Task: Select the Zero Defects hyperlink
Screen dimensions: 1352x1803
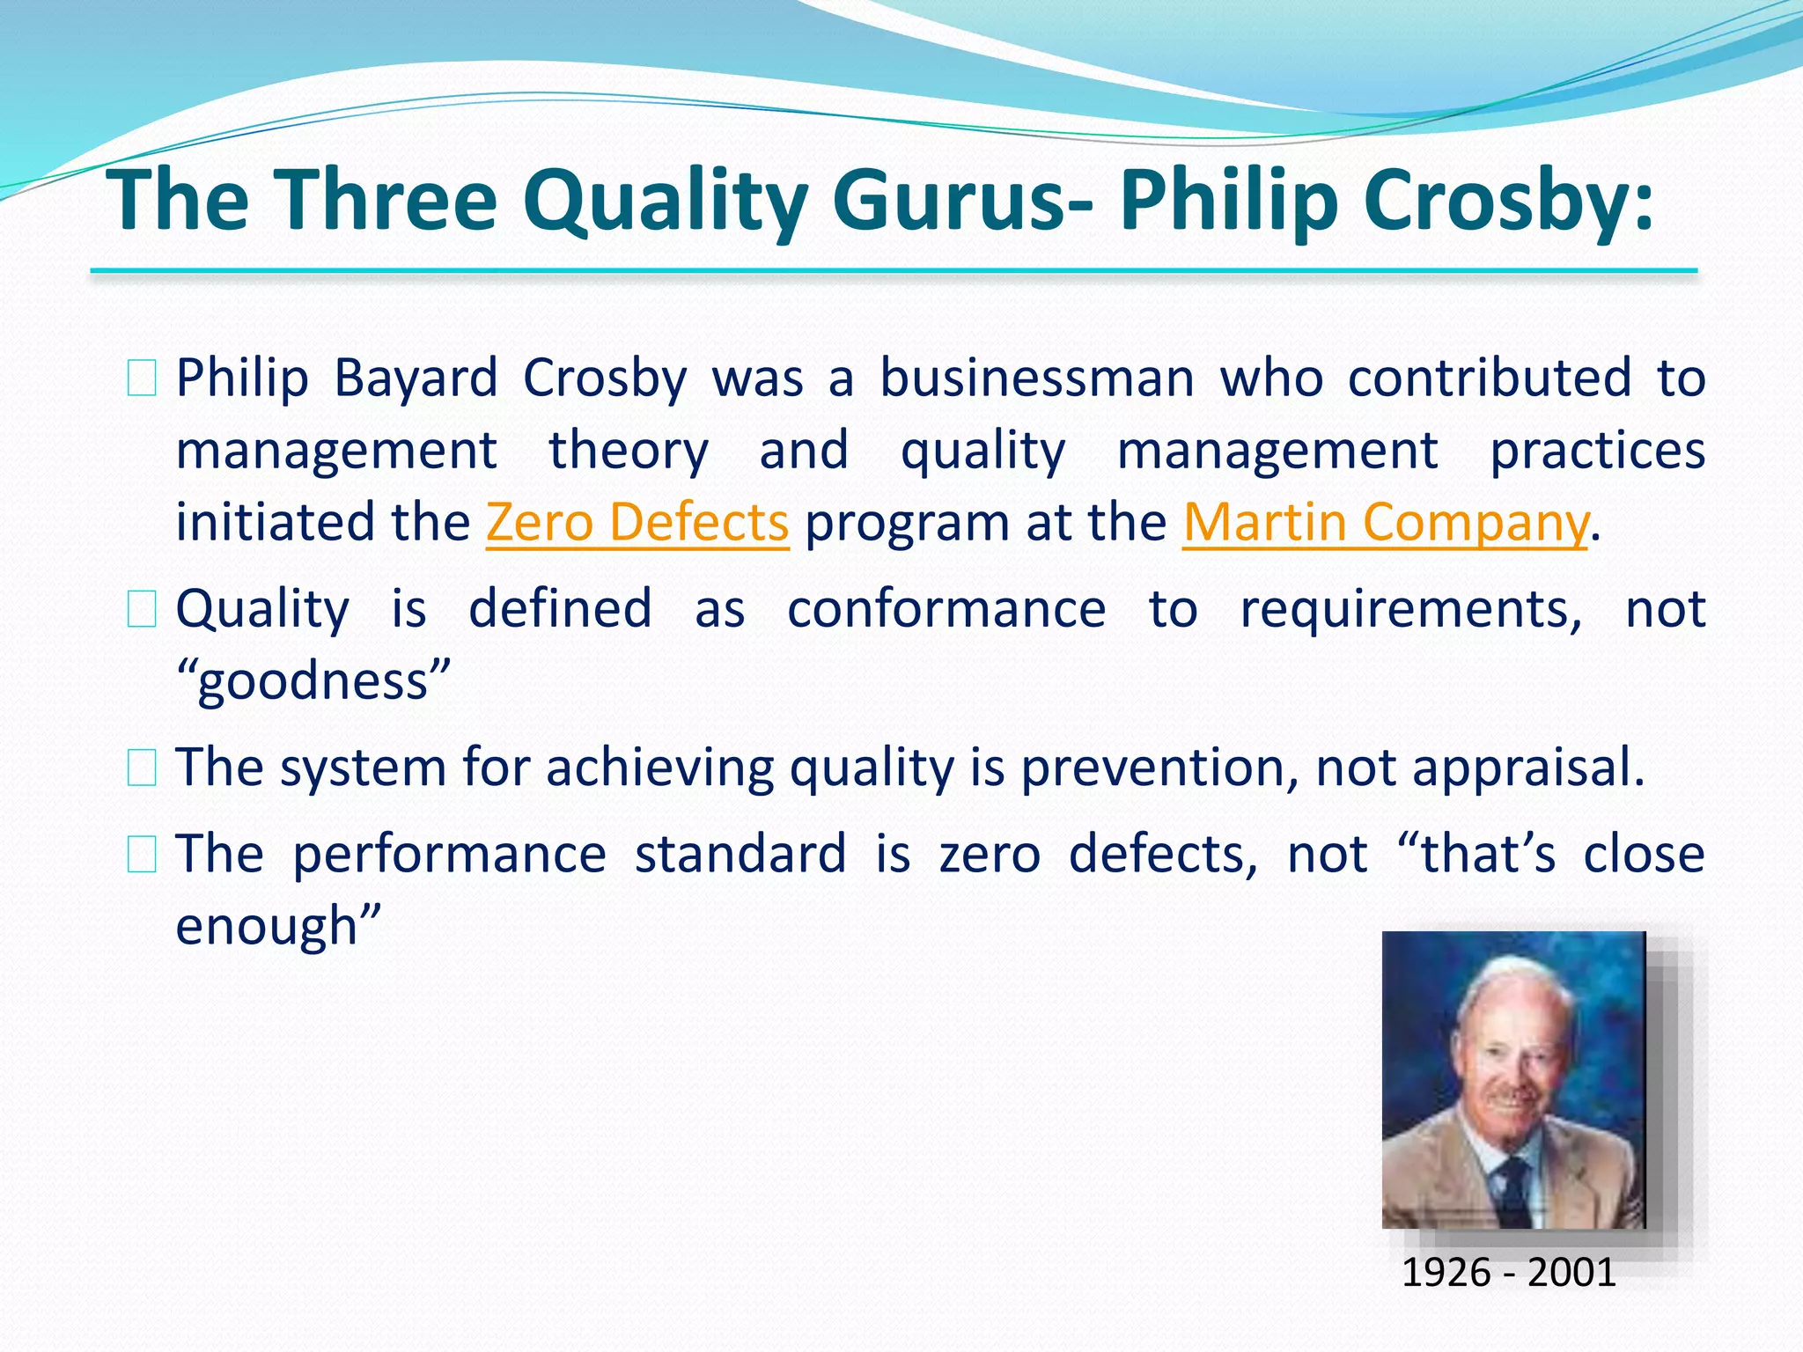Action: (637, 522)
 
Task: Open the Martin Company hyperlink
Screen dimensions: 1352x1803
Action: (1386, 522)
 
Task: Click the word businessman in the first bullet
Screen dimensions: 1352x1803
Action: (1037, 378)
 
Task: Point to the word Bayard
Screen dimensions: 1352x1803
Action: (416, 378)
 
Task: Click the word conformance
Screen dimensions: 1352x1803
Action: (946, 609)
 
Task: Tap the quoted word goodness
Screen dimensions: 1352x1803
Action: (313, 681)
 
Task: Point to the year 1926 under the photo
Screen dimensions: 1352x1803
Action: (1445, 1273)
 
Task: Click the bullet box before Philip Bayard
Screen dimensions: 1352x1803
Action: (142, 379)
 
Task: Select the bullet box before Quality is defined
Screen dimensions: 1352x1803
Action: (142, 609)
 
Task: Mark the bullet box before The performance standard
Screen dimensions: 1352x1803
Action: (142, 854)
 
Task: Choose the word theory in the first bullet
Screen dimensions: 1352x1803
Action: (628, 451)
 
